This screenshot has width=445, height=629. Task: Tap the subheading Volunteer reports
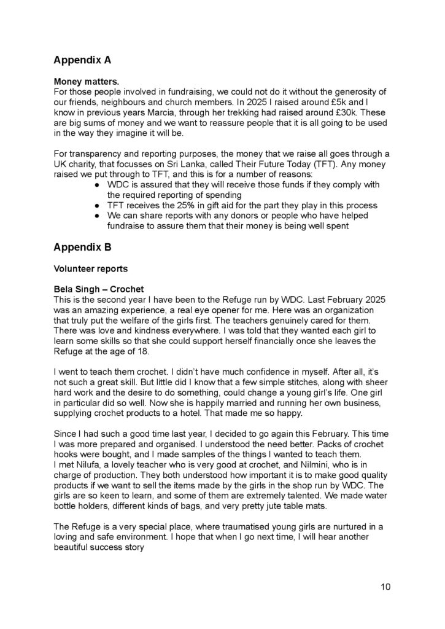coord(89,268)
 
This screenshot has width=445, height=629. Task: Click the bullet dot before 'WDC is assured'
coord(98,184)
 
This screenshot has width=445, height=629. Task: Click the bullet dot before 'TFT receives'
coord(98,205)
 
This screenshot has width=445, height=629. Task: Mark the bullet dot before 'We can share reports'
coord(98,216)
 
